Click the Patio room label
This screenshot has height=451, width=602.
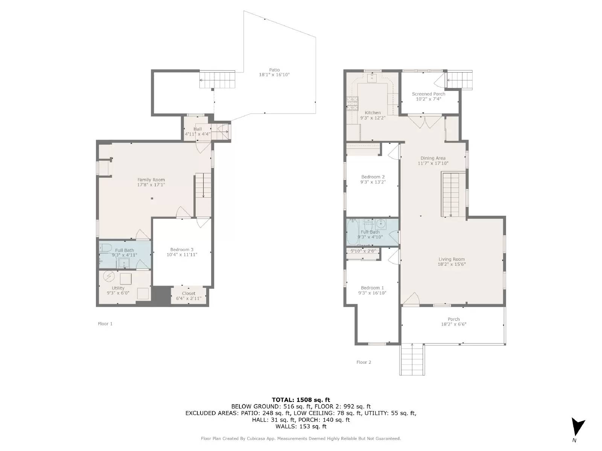274,70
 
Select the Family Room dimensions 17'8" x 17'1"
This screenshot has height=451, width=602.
151,185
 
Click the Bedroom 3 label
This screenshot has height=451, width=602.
182,250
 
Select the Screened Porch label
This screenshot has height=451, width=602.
428,94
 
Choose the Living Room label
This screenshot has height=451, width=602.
451,259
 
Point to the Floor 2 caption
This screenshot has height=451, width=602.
363,362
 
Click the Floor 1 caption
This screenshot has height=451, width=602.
105,324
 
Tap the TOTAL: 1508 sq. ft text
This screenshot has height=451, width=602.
301,400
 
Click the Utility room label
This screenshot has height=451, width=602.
118,288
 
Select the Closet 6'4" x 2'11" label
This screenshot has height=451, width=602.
189,296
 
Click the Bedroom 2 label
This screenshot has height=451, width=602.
372,177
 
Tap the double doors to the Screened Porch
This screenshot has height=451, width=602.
425,121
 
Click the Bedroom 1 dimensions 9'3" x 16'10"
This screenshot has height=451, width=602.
372,293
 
